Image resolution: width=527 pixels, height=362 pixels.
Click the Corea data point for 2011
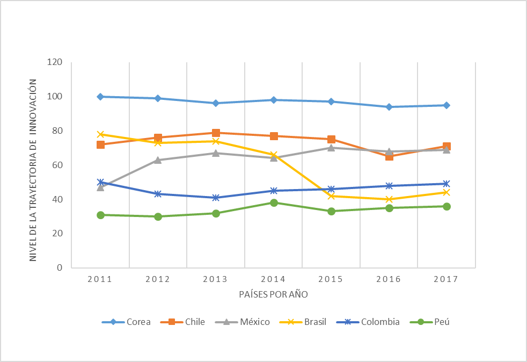(100, 97)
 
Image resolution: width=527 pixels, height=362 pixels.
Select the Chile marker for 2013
(216, 133)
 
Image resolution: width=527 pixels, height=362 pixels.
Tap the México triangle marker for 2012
(158, 160)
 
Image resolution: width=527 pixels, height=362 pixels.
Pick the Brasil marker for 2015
(331, 196)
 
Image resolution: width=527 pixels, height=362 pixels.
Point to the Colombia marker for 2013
(216, 198)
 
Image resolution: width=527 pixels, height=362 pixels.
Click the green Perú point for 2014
(274, 202)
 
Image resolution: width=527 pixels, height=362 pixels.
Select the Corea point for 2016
(389, 107)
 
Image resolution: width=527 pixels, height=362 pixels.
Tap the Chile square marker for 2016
(389, 156)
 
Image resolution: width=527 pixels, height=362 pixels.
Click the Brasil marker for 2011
(100, 134)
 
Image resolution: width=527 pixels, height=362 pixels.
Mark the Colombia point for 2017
(447, 184)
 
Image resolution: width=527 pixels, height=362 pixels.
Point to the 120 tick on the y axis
(56, 62)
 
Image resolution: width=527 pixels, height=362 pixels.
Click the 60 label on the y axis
(58, 165)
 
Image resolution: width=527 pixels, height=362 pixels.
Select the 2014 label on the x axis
(273, 279)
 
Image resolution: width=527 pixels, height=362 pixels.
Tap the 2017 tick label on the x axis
(446, 279)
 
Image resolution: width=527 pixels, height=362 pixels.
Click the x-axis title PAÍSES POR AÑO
(273, 295)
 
